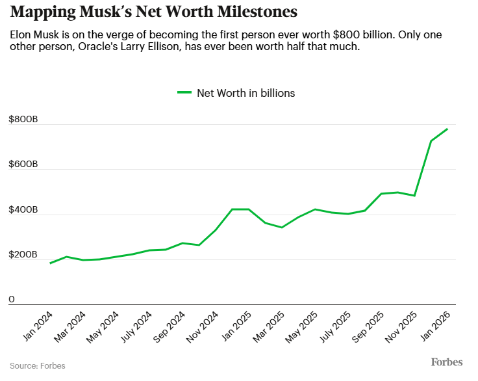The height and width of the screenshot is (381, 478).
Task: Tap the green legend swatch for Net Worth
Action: [x=185, y=93]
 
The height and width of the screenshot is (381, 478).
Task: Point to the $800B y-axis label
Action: [x=23, y=120]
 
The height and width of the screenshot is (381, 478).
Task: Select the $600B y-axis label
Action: [x=23, y=165]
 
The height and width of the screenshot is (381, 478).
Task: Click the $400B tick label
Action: [x=23, y=210]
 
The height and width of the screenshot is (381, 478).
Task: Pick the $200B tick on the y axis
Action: [x=23, y=255]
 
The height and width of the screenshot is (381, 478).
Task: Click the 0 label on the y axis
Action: [x=12, y=300]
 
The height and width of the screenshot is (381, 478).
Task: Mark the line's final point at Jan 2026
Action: [x=447, y=129]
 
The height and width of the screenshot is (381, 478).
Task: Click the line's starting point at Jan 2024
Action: [x=50, y=263]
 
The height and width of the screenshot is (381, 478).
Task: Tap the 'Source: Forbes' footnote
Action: [x=38, y=365]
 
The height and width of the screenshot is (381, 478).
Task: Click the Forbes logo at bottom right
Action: [x=447, y=361]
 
